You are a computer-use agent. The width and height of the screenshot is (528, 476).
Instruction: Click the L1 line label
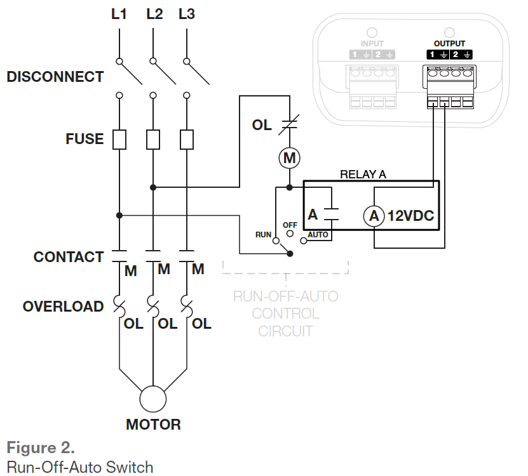119,14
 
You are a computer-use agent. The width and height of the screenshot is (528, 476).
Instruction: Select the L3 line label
186,14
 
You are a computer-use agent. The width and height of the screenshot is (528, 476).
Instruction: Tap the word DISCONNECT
55,77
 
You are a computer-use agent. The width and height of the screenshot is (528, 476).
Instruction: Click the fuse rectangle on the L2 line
152,139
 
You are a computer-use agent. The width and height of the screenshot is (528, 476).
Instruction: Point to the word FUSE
85,138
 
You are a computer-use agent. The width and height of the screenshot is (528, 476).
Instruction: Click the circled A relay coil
374,216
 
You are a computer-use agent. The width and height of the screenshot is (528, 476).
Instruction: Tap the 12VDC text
410,216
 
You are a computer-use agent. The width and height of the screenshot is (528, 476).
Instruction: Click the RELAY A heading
363,174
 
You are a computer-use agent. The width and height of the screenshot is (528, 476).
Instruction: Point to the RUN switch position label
263,234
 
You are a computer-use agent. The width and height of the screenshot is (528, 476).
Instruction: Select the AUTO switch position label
318,234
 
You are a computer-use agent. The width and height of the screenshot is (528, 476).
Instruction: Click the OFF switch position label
290,225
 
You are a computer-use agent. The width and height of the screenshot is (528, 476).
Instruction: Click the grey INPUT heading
372,44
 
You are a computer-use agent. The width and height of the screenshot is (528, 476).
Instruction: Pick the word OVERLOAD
63,307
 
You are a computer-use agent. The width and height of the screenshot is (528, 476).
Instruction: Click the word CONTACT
68,257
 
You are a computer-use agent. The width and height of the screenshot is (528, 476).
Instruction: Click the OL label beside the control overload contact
262,125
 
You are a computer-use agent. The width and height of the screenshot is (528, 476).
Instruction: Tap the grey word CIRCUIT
285,331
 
